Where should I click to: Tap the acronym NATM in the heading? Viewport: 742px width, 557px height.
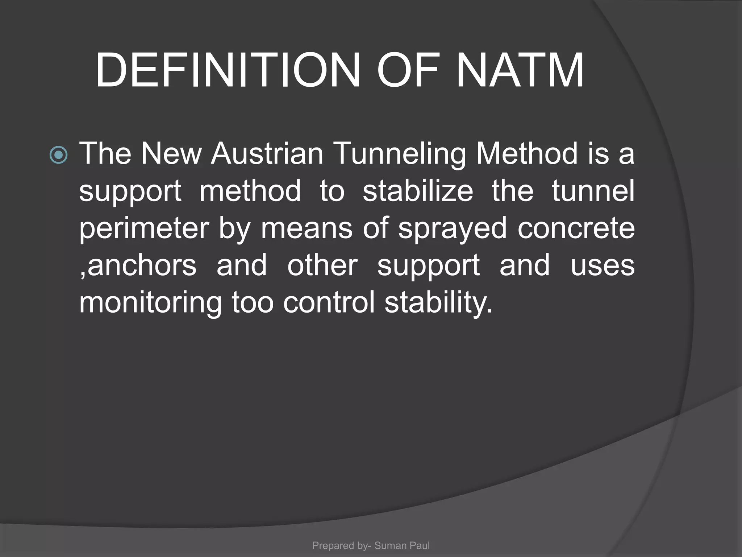point(520,70)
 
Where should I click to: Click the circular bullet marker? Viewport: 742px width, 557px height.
point(58,155)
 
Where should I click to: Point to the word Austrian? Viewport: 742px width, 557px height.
point(267,154)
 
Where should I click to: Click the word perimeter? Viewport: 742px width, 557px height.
point(144,229)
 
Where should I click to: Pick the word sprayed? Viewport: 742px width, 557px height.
point(453,229)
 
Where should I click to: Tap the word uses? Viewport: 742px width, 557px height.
point(603,266)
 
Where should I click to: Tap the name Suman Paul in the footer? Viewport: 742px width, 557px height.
point(402,545)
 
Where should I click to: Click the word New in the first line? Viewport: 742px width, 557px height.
point(171,154)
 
